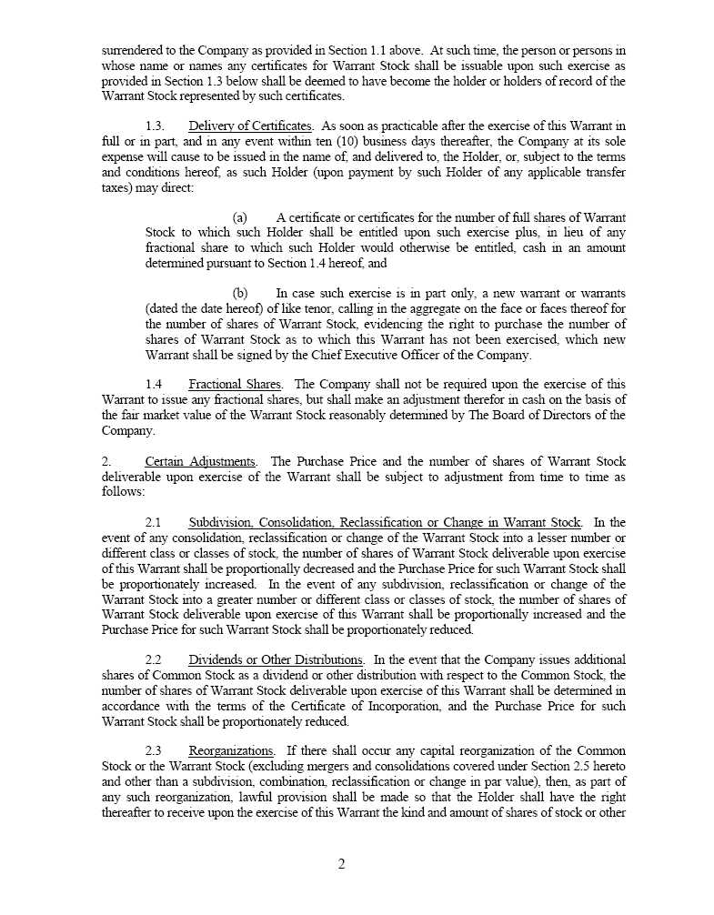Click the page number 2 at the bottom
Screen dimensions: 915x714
(341, 864)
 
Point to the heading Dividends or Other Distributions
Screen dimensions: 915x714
(276, 659)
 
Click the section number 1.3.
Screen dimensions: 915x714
(155, 126)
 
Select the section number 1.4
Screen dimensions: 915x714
(154, 385)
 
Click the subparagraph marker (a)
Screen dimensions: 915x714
(240, 218)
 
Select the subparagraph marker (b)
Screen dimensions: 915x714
(240, 294)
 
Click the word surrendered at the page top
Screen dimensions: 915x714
(130, 51)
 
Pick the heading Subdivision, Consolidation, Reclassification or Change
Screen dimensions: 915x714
(385, 523)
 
